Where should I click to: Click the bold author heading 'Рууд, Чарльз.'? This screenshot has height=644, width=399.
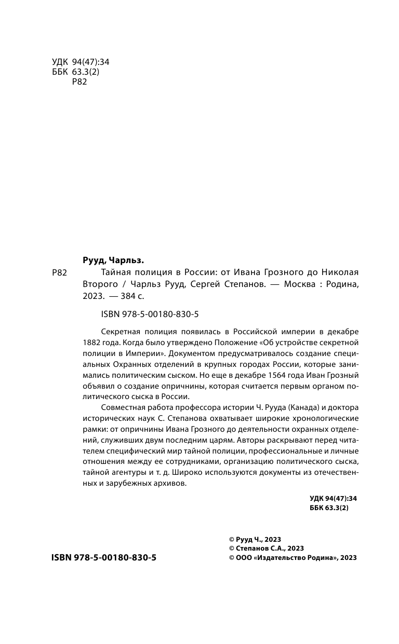pos(113,260)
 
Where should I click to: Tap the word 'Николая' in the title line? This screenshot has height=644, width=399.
pos(338,273)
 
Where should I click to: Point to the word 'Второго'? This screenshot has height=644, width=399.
pos(99,285)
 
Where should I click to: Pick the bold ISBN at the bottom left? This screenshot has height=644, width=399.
pos(104,557)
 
